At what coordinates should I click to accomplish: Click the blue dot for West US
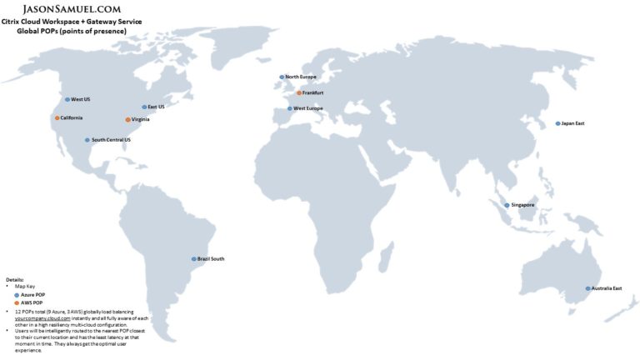(67, 99)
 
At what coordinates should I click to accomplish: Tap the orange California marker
(57, 118)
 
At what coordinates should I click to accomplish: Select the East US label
(156, 107)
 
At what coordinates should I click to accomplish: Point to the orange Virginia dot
(127, 120)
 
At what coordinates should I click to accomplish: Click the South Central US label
(111, 140)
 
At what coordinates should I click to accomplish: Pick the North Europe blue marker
(282, 77)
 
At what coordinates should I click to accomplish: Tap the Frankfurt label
(313, 92)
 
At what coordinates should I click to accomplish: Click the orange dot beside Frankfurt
(299, 92)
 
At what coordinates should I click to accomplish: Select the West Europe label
(308, 108)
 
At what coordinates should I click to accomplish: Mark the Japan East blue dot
(558, 123)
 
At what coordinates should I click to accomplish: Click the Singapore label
(522, 205)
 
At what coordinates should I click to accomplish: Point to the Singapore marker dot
(507, 205)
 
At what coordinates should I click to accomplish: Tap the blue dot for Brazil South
(194, 259)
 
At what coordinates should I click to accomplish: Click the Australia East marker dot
(587, 288)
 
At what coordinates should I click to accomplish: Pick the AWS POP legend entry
(31, 302)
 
